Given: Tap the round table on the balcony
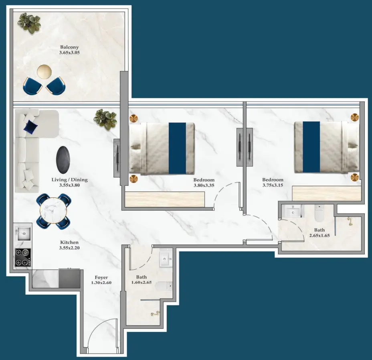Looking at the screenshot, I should (x=44, y=71).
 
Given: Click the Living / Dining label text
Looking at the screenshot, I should (x=69, y=180).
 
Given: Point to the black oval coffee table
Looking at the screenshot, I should (x=63, y=160).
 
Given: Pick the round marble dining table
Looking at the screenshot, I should (x=54, y=212).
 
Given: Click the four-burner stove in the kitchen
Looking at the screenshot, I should (x=23, y=257).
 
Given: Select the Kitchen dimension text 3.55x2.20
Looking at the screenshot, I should (x=69, y=248).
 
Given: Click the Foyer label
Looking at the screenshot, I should (x=101, y=277).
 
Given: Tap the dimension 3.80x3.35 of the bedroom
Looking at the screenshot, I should (x=204, y=186).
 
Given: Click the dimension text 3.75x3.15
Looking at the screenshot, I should (x=273, y=186).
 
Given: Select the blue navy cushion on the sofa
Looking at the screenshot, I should (x=30, y=127).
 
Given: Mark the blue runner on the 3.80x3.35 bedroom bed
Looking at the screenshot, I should (x=177, y=148).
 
